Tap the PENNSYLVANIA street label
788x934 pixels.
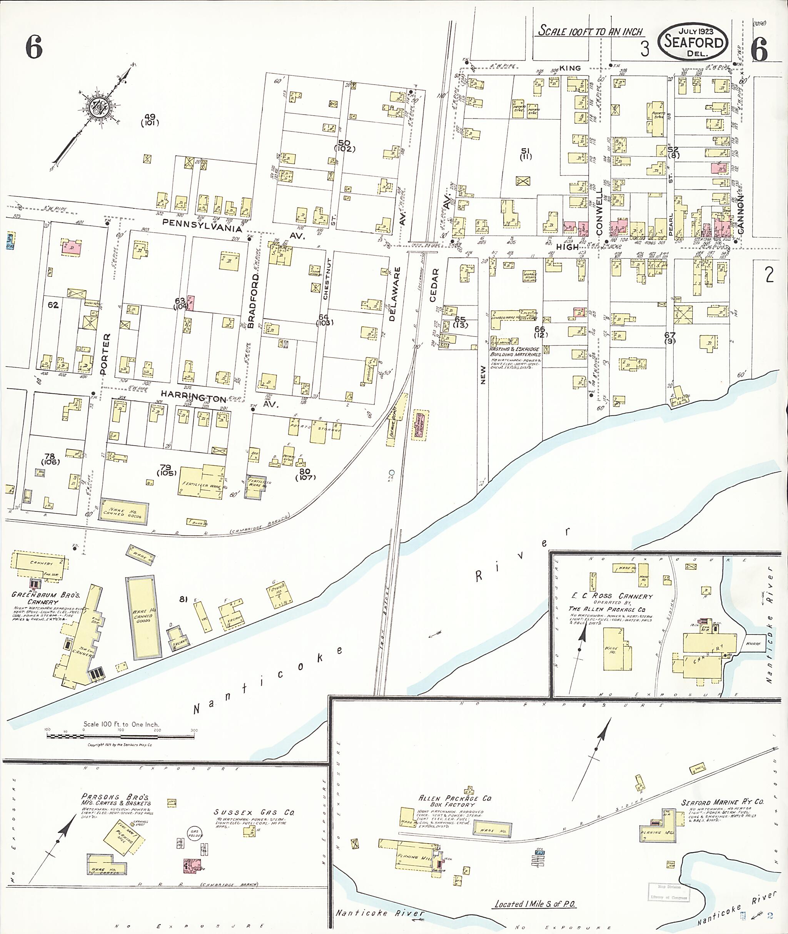tap(202, 225)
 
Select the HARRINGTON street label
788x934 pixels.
tap(193, 396)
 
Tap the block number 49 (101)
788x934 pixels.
tap(150, 119)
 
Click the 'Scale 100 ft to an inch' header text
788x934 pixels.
tap(590, 31)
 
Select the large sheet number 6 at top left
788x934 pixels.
tap(34, 47)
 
